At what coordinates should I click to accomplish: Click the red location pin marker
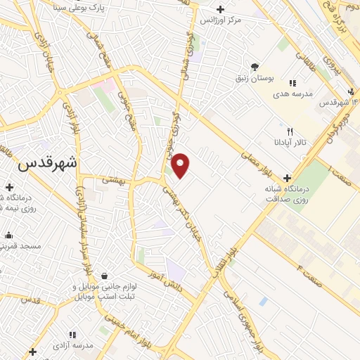pyautogui.click(x=181, y=165)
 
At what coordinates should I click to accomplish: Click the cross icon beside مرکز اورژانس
pyautogui.click(x=221, y=9)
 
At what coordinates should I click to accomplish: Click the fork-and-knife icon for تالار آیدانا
pyautogui.click(x=290, y=131)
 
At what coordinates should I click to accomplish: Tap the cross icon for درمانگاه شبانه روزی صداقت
pyautogui.click(x=286, y=178)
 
